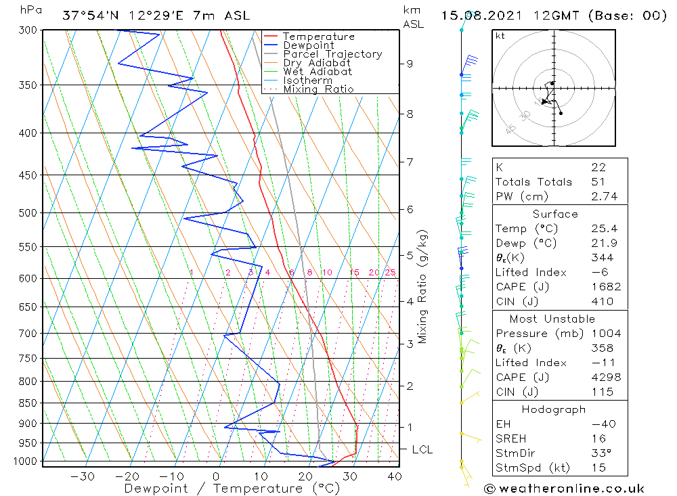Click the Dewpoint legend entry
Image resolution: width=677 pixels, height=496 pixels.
(x=308, y=45)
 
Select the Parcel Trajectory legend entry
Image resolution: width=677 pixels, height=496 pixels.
(x=332, y=54)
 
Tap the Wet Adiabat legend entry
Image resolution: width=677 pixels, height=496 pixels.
(x=318, y=72)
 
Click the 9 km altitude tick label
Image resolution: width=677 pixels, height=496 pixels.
(x=410, y=64)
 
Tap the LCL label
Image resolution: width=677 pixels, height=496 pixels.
(x=422, y=449)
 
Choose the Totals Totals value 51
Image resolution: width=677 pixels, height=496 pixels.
(x=598, y=181)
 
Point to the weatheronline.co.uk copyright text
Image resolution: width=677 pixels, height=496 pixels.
(x=565, y=488)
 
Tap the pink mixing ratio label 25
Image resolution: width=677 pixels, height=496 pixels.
(x=390, y=273)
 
